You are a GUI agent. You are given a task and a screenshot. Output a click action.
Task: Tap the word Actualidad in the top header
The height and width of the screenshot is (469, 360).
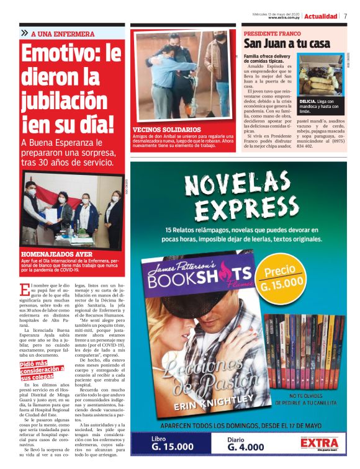click(321, 16)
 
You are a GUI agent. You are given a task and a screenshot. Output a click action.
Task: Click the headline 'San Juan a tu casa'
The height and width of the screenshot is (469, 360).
click(286, 44)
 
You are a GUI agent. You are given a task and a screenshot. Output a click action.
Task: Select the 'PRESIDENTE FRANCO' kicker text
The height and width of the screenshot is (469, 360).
click(271, 33)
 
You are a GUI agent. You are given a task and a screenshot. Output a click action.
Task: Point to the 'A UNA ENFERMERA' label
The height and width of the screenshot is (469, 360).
click(63, 33)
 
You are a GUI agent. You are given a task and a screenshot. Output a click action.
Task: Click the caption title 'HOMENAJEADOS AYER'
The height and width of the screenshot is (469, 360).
click(57, 254)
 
